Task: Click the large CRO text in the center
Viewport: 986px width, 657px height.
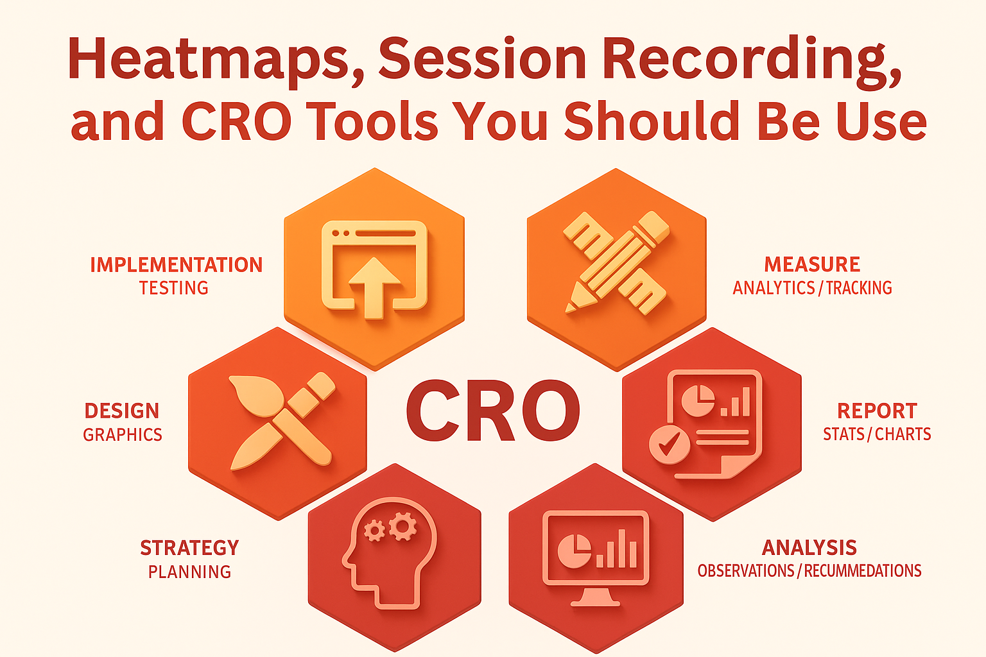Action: coord(493,411)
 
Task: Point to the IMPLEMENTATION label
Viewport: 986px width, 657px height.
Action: coord(176,265)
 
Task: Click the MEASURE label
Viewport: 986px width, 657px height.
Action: coord(812,264)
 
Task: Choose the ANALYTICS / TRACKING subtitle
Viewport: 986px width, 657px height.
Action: coord(812,288)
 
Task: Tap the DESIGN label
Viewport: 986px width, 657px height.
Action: coord(122,411)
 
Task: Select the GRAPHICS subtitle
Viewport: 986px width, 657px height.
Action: coord(123,434)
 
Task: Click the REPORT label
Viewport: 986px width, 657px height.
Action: coord(877,411)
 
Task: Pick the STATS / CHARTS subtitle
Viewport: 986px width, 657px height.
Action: coord(877,434)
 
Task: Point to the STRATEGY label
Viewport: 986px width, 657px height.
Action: coord(189,548)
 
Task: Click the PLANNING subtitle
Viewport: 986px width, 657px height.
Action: coord(189,572)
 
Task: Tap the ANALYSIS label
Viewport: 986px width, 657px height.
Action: coord(809,548)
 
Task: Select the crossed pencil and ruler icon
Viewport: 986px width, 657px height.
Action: coord(616,263)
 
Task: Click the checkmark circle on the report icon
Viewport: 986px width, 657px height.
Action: coord(670,443)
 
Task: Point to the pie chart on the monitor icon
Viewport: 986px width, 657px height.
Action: coord(574,550)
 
